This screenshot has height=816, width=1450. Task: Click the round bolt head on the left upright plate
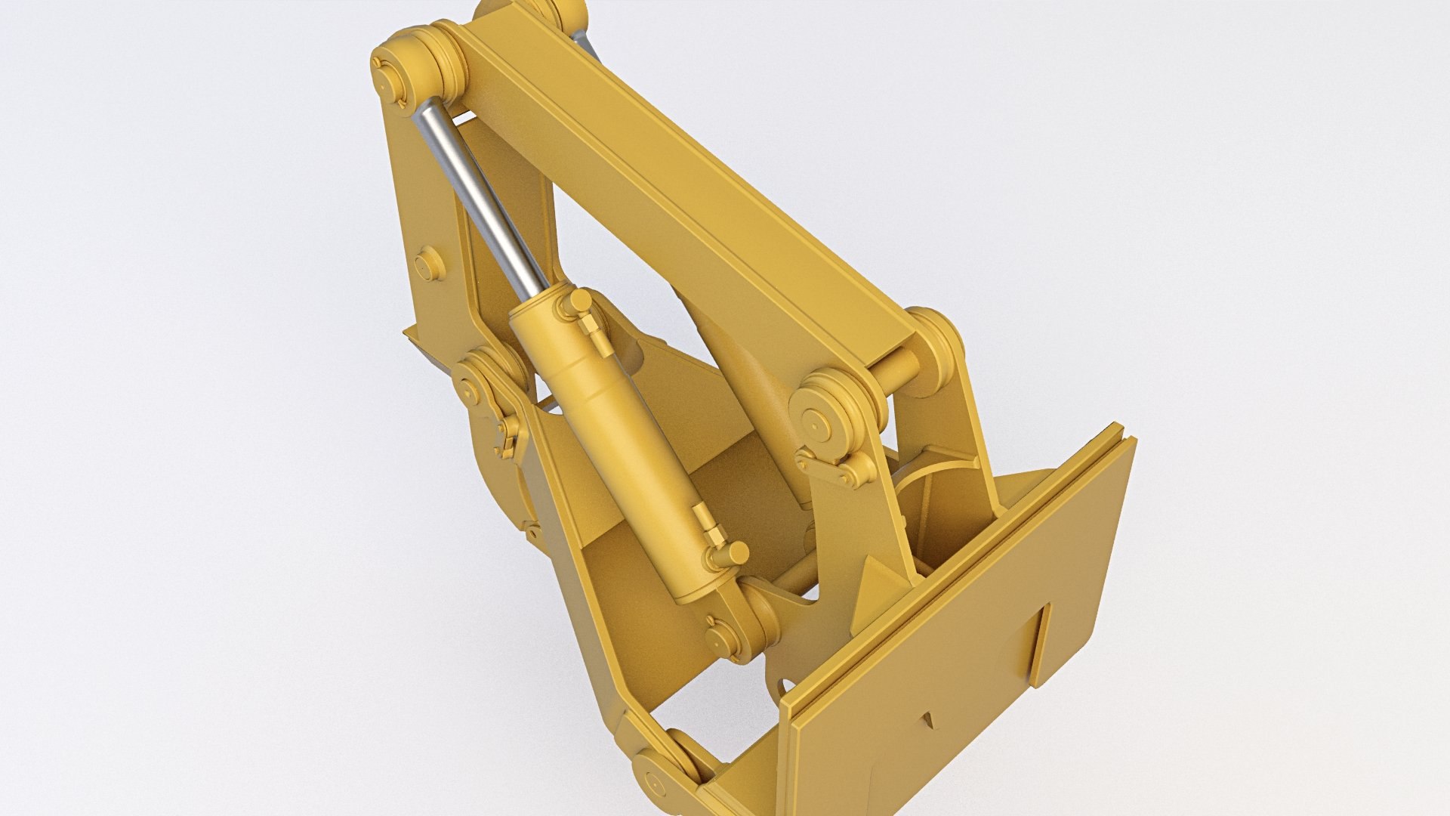[428, 265]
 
